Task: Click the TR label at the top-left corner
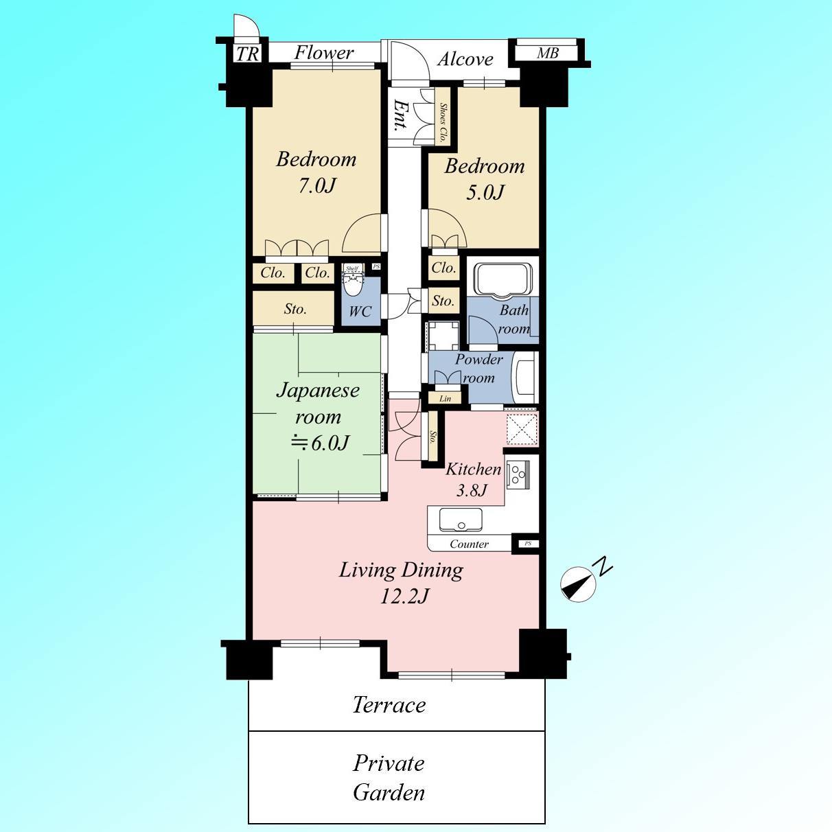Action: pyautogui.click(x=247, y=54)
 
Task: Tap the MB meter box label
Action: pyautogui.click(x=548, y=54)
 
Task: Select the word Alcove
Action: pyautogui.click(x=465, y=59)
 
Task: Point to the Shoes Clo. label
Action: pyautogui.click(x=443, y=122)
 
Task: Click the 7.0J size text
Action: pyautogui.click(x=317, y=185)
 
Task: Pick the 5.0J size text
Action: pyautogui.click(x=485, y=192)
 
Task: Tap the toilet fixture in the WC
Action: pyautogui.click(x=352, y=281)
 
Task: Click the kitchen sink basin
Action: pyautogui.click(x=461, y=520)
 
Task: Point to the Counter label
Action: pyautogui.click(x=469, y=544)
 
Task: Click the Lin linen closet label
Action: pyautogui.click(x=445, y=399)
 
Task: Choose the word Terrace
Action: pyautogui.click(x=389, y=704)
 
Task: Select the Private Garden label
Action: pyautogui.click(x=389, y=777)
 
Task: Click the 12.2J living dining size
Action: pyautogui.click(x=404, y=597)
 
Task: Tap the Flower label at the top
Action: pyautogui.click(x=323, y=53)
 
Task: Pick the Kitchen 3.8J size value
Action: pyautogui.click(x=472, y=490)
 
